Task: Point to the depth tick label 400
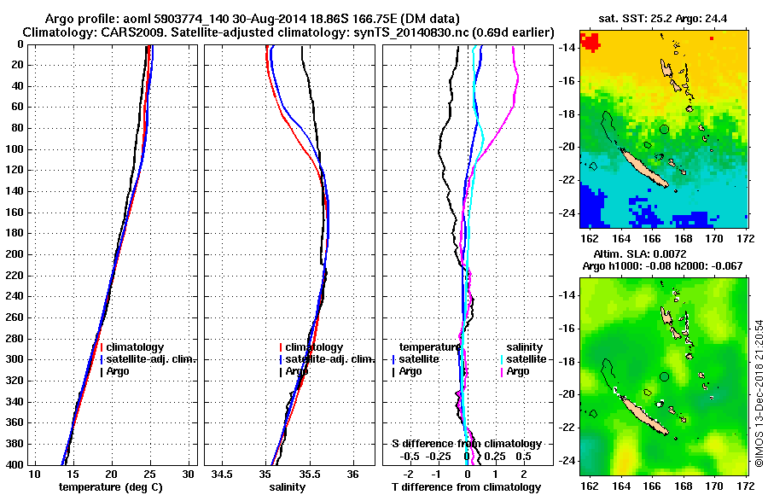tap(15, 464)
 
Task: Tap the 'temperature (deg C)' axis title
tap(110, 487)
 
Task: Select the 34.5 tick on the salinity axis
tap(224, 474)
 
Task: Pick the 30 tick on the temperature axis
tap(189, 474)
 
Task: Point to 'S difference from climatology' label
tap(467, 444)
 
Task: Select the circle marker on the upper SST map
tap(665, 129)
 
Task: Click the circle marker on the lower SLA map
tap(665, 376)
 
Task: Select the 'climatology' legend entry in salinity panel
tap(314, 347)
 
